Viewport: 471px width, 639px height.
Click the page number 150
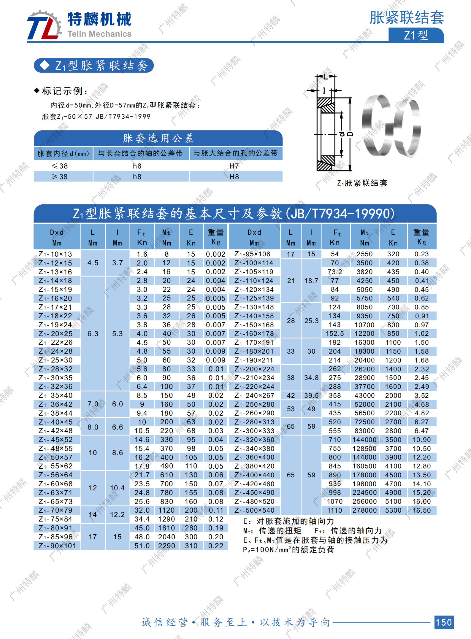click(x=444, y=622)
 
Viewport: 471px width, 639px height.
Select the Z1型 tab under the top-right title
click(x=416, y=35)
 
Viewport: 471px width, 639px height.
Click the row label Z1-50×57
click(x=55, y=457)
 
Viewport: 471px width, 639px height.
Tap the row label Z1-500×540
click(x=254, y=511)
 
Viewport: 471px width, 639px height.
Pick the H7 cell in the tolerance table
click(x=234, y=166)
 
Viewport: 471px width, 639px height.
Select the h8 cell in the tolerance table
click(x=137, y=177)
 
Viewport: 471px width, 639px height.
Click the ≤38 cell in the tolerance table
click(x=60, y=166)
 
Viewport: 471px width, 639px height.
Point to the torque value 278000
click(x=364, y=511)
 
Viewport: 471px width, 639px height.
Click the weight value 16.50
click(x=421, y=511)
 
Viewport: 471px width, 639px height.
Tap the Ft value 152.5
click(x=334, y=334)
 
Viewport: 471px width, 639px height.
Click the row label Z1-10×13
click(x=55, y=254)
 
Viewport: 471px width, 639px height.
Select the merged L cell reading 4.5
click(x=93, y=263)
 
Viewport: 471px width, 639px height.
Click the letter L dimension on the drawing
click(x=326, y=77)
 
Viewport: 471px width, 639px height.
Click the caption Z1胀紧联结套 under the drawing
click(x=362, y=183)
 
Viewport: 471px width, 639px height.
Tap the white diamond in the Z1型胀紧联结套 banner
click(x=45, y=65)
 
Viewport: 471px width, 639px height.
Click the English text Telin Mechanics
click(x=99, y=34)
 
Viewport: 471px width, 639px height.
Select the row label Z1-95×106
click(x=253, y=254)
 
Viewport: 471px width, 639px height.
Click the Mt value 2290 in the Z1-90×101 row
click(x=166, y=546)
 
